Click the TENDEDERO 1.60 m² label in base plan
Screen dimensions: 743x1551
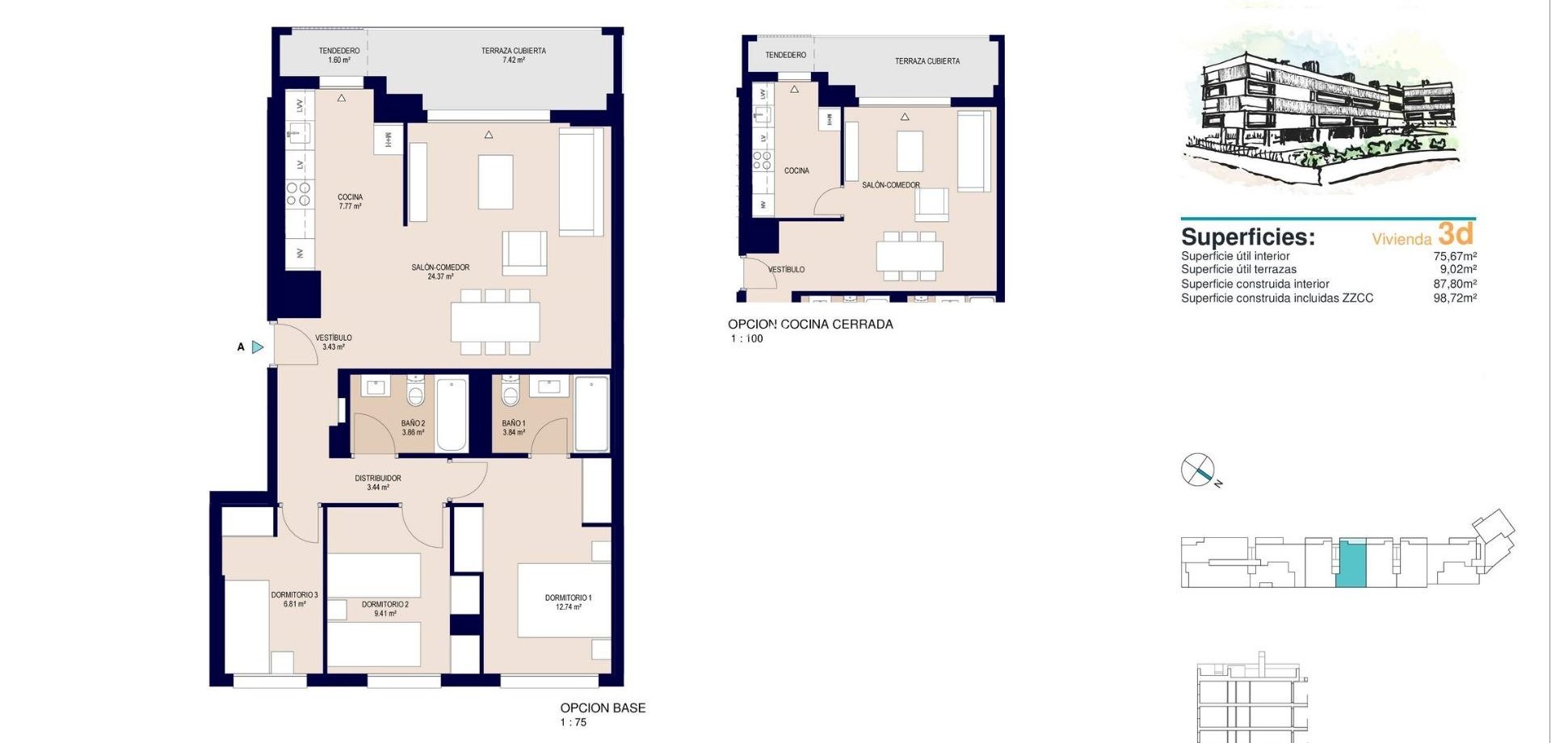(x=339, y=55)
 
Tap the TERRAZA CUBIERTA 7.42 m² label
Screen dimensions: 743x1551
(x=514, y=55)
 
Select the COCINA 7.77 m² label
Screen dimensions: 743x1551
(x=350, y=201)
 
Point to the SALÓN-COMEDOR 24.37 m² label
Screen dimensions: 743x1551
(x=440, y=271)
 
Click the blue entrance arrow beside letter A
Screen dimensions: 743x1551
(x=258, y=347)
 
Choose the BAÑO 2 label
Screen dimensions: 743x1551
(x=413, y=427)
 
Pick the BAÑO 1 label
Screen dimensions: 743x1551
(x=514, y=427)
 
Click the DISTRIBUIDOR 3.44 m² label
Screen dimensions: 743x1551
(x=378, y=482)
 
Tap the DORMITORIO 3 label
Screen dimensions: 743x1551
(x=294, y=599)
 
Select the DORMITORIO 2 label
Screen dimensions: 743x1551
(x=385, y=608)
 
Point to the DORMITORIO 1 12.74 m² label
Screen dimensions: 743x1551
(x=568, y=602)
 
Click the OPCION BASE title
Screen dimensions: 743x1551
(x=603, y=707)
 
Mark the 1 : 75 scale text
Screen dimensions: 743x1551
(x=574, y=723)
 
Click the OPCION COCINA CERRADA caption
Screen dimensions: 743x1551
(x=810, y=324)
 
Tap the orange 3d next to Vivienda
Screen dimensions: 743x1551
(x=1456, y=233)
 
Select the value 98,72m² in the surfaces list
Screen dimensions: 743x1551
(x=1455, y=298)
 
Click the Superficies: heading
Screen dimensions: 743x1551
(x=1248, y=237)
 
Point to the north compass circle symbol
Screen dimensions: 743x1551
(x=1198, y=469)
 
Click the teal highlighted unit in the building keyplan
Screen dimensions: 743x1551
(x=1351, y=564)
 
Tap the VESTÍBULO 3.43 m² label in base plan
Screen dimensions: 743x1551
(x=333, y=342)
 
